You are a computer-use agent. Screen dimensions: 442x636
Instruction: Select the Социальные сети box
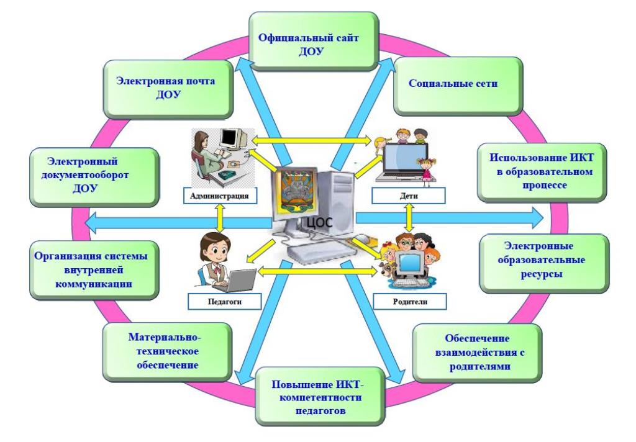tap(445, 84)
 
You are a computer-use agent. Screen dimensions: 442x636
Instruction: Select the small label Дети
tap(409, 197)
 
